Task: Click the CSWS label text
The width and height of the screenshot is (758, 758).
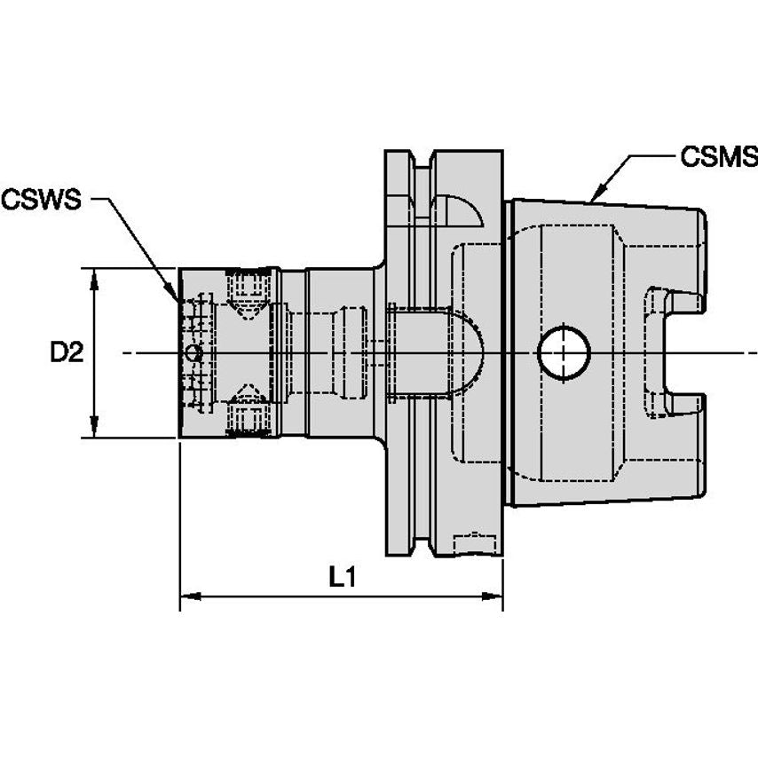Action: (x=41, y=199)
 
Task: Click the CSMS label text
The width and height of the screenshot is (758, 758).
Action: (x=718, y=157)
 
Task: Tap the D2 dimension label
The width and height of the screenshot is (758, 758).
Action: (x=66, y=353)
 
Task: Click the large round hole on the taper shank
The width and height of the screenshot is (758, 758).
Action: (x=564, y=352)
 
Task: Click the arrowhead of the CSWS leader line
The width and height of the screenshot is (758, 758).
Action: (x=174, y=292)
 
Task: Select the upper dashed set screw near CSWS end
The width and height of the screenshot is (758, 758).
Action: (x=247, y=288)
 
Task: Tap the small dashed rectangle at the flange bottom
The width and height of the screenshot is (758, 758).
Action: (x=474, y=541)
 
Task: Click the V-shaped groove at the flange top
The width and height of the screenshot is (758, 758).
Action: (x=423, y=164)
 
